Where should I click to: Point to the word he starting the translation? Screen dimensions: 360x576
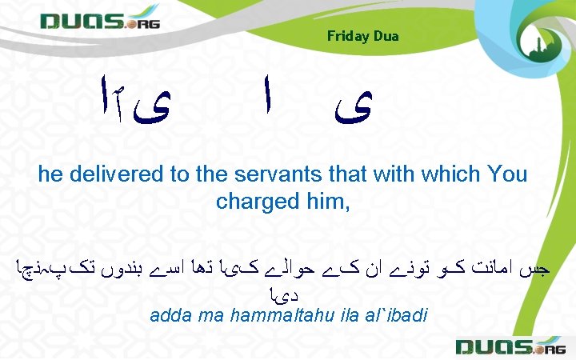(50, 174)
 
